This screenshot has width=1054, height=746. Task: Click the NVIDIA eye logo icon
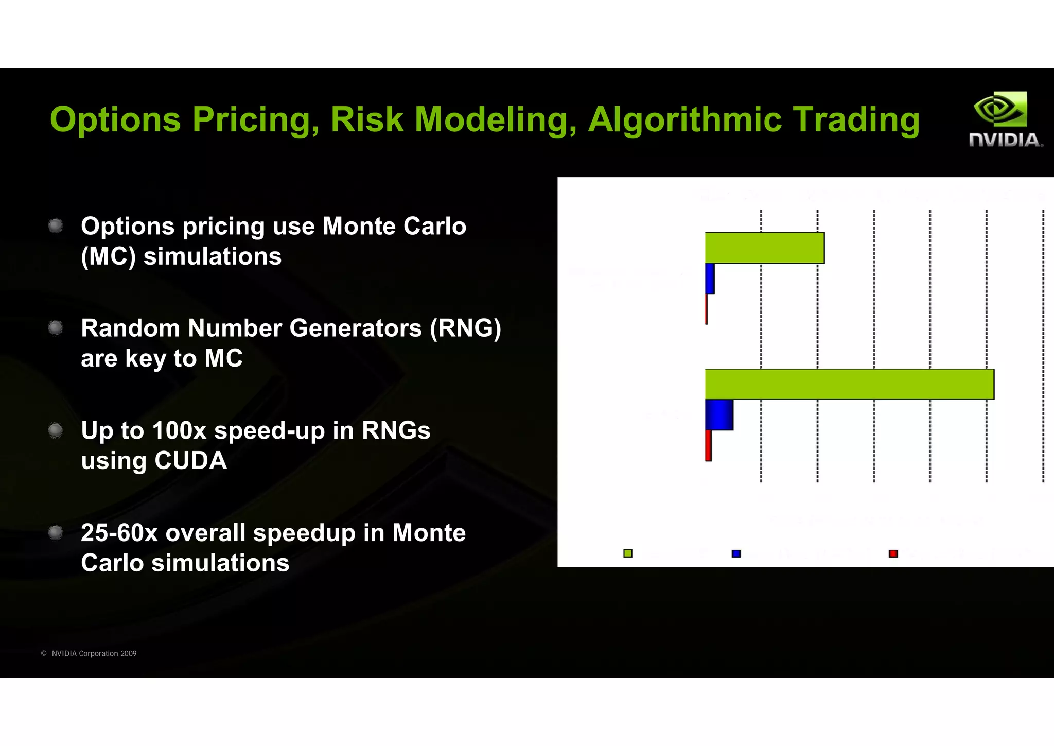pos(1000,109)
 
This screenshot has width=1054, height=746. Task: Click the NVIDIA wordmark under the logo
pos(1005,140)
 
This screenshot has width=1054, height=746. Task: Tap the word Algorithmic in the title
pos(684,120)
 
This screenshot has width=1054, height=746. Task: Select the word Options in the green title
pos(115,120)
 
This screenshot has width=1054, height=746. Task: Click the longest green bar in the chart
pos(849,384)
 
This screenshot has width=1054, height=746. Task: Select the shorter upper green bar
pos(764,248)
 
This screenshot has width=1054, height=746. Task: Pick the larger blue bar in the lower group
pos(719,415)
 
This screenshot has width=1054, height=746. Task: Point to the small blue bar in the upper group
pos(710,279)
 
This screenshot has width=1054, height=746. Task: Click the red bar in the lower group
pos(708,445)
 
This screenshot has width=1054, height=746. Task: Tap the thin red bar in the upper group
pos(707,309)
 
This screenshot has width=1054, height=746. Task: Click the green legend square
pos(628,553)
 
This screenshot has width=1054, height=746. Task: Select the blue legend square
pos(736,553)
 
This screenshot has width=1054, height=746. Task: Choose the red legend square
pos(893,553)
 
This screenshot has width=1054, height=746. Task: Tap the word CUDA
pos(190,460)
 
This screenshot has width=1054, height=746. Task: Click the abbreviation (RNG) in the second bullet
pos(465,328)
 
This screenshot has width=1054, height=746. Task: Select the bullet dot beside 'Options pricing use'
pos(56,226)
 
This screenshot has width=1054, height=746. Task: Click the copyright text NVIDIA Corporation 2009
pos(94,653)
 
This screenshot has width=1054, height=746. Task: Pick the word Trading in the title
pos(856,120)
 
